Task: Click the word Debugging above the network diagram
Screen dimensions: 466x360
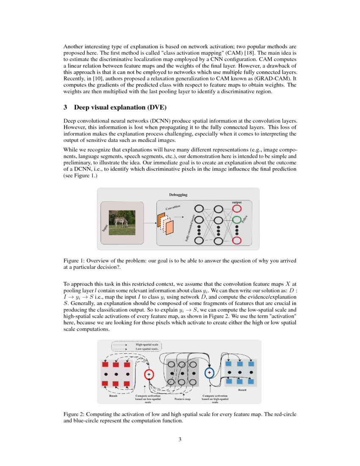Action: [178, 195]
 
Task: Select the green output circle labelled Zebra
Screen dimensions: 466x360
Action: [237, 219]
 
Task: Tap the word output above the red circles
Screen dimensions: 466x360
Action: [237, 202]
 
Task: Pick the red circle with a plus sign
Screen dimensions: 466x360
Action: [149, 374]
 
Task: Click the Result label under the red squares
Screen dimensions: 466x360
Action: [113, 396]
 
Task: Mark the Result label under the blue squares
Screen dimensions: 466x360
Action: [242, 389]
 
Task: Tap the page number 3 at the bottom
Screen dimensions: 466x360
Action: [180, 439]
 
